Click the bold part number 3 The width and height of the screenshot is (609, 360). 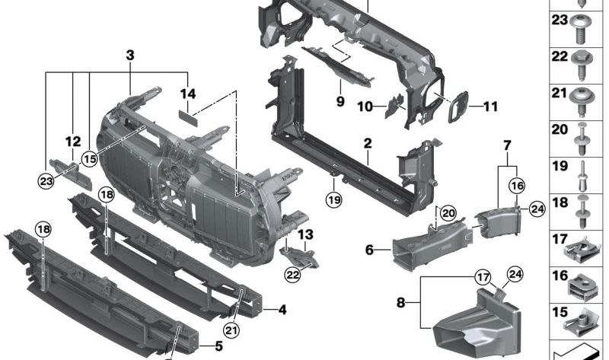(130, 55)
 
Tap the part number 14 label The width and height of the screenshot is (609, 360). (188, 94)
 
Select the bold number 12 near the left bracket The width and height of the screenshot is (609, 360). (72, 141)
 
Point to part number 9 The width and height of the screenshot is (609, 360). (340, 100)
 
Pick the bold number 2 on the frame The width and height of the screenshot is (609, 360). (367, 142)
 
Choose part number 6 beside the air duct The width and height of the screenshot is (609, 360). (369, 249)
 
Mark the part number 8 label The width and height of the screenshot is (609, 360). (401, 302)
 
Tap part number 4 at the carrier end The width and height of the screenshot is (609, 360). (282, 310)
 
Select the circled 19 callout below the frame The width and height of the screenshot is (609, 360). (333, 200)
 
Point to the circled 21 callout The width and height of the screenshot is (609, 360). (231, 329)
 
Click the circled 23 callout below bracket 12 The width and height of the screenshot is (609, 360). (48, 180)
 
